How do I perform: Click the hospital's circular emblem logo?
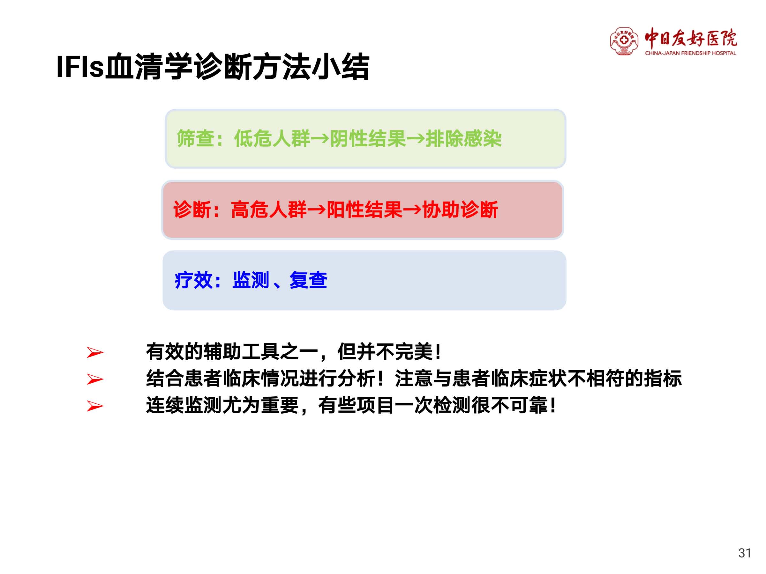pos(624,41)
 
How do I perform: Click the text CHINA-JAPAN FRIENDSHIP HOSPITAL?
pos(690,53)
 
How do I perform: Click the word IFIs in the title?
pos(80,66)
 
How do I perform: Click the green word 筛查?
pos(196,138)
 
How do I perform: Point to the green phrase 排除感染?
pos(463,138)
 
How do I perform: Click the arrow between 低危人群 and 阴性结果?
pos(320,139)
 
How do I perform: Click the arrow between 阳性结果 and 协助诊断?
pos(412,210)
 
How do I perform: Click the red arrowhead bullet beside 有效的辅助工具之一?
pos(95,353)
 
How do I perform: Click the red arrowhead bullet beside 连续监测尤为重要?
pos(95,406)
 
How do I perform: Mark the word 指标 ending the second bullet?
pos(663,378)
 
